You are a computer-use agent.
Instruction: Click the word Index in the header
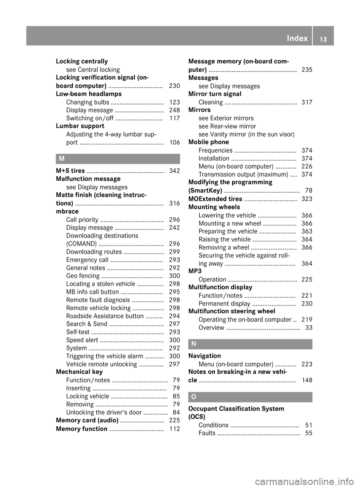tap(297, 38)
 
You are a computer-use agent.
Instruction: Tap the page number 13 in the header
tap(323, 39)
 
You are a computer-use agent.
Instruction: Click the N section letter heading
tap(193, 344)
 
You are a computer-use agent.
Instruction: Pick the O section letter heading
tap(193, 397)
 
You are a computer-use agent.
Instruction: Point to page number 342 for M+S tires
tap(174, 171)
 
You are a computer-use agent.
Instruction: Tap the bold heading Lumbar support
tap(80, 126)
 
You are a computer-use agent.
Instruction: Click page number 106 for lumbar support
tap(174, 142)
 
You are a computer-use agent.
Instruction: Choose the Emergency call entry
tap(87, 260)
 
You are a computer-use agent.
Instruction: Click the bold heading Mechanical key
tap(79, 372)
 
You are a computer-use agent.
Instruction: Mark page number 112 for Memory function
tap(174, 429)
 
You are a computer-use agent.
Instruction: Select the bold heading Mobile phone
tap(208, 142)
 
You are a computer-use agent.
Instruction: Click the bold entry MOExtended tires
tap(215, 199)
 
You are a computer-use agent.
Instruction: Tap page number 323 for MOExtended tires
tap(307, 199)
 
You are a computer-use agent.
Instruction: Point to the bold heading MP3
tap(195, 271)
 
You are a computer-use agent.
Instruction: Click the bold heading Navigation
tap(204, 356)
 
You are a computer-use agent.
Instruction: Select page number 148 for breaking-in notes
tap(307, 380)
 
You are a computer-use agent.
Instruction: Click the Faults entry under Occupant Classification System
tap(207, 433)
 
